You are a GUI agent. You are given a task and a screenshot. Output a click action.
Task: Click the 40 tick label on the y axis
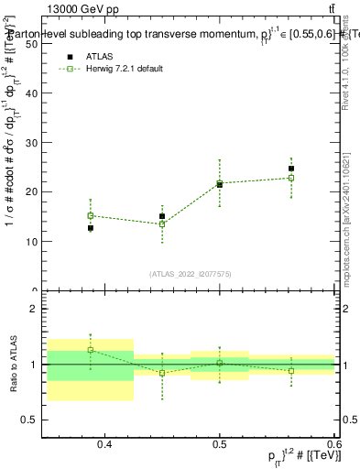pyautogui.click(x=32, y=143)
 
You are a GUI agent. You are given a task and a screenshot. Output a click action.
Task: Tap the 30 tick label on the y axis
pyautogui.click(x=32, y=192)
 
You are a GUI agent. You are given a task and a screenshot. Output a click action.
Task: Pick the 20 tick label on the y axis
pyautogui.click(x=32, y=242)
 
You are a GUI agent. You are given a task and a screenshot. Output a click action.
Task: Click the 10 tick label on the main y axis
pyautogui.click(x=32, y=291)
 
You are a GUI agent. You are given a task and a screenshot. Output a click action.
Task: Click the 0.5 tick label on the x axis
pyautogui.click(x=220, y=444)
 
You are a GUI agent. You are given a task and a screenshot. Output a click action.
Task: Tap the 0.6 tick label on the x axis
pyautogui.click(x=333, y=444)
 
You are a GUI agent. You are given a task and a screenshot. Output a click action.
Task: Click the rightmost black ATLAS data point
pyautogui.click(x=291, y=169)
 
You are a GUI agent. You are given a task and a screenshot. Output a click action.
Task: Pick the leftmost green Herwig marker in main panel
pyautogui.click(x=91, y=216)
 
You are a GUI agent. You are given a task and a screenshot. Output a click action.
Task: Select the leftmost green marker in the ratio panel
pyautogui.click(x=91, y=350)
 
